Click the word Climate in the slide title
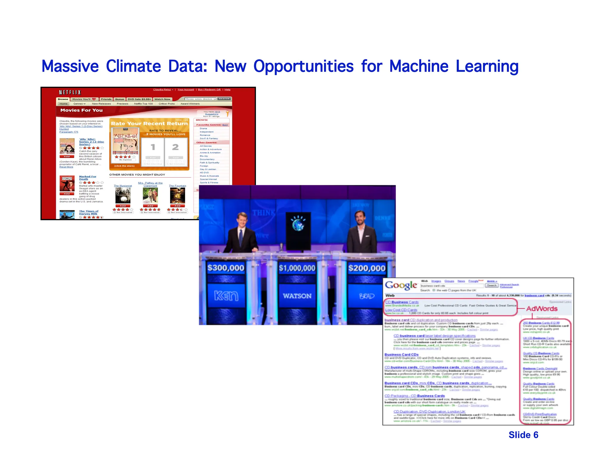(x=133, y=66)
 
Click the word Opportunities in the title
(x=303, y=67)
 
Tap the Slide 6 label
(x=523, y=435)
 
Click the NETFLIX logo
(x=70, y=92)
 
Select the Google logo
(x=401, y=286)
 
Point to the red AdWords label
(x=542, y=309)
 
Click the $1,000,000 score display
(x=297, y=268)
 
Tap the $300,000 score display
(x=226, y=268)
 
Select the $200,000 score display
(x=367, y=268)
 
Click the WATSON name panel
(x=297, y=296)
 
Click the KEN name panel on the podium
(x=226, y=296)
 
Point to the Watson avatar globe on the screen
(x=298, y=224)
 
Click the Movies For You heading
(x=81, y=110)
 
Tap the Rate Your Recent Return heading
(x=149, y=124)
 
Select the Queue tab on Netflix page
(x=119, y=99)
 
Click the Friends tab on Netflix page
(x=106, y=99)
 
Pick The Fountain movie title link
(x=177, y=186)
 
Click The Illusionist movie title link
(x=123, y=186)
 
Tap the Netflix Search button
(x=224, y=99)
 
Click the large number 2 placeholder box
(x=175, y=147)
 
